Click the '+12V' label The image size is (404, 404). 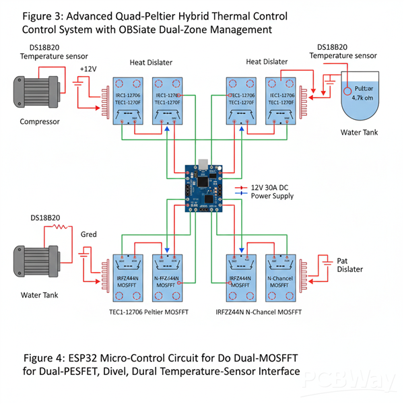pyautogui.click(x=89, y=69)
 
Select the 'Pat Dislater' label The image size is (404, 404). pyautogui.click(x=349, y=265)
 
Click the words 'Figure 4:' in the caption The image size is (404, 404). pyautogui.click(x=44, y=356)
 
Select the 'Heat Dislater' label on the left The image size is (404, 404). pyautogui.click(x=152, y=62)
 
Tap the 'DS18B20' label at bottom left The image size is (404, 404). pyautogui.click(x=45, y=218)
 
